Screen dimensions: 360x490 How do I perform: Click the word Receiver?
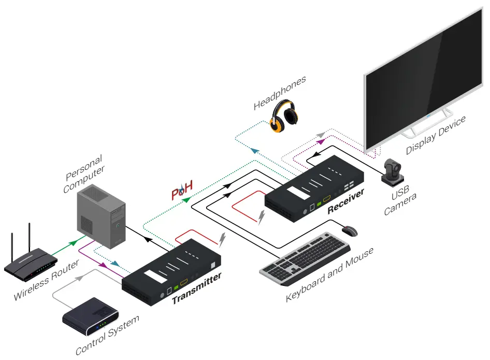[345, 201]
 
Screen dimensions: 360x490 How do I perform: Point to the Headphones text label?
[280, 93]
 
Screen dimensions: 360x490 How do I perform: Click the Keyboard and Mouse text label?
[329, 275]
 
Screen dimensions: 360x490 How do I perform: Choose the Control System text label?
[107, 336]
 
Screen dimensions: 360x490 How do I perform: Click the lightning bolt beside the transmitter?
[223, 240]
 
